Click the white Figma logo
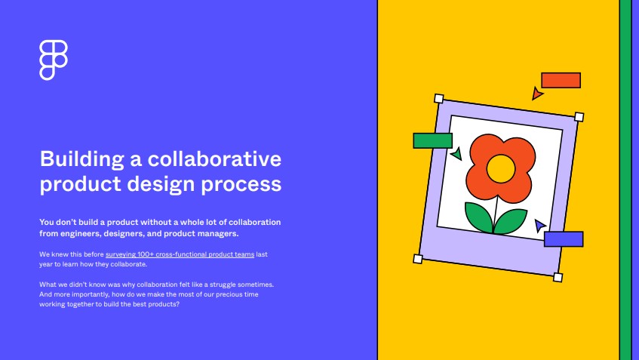click(54, 60)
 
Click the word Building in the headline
click(82, 159)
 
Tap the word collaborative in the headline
click(214, 158)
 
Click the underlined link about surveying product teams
click(180, 254)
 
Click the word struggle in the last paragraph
click(223, 285)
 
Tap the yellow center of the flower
click(501, 169)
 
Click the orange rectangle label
click(561, 80)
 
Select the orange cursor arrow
click(536, 94)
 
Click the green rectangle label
click(433, 140)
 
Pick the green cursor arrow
click(457, 153)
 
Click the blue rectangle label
click(564, 239)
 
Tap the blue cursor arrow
click(539, 225)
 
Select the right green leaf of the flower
click(510, 221)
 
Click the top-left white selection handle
click(439, 99)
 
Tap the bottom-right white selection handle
click(558, 278)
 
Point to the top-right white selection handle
click(579, 117)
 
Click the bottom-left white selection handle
click(418, 259)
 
